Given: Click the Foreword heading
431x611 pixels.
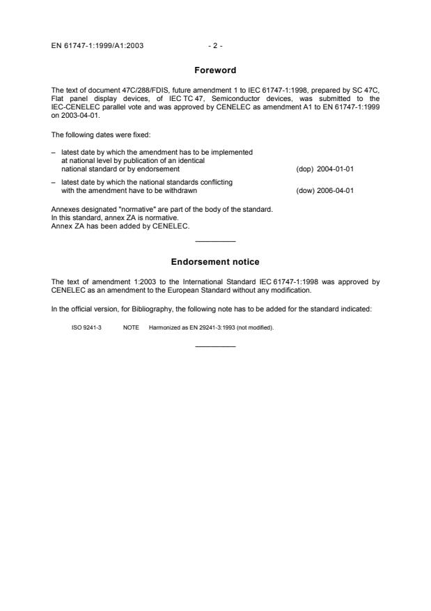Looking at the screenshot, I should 215,70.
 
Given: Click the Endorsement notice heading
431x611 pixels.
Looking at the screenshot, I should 215,262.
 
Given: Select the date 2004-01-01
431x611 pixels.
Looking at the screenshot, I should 336,169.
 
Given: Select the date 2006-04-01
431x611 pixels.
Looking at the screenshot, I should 336,191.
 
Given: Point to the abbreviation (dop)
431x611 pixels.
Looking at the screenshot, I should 305,169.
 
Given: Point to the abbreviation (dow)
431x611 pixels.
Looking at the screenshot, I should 305,191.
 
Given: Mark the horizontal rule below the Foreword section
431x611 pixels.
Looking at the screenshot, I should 215,241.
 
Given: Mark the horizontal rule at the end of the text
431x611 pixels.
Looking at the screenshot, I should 215,346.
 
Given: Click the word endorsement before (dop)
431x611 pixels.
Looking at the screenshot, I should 159,169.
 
